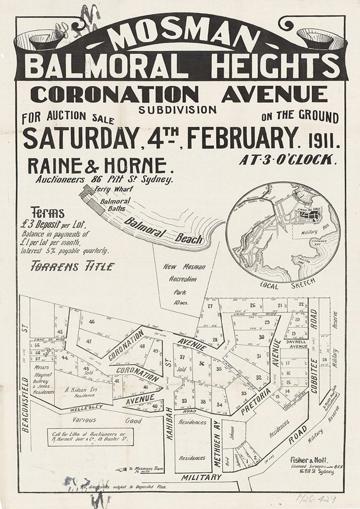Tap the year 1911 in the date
tap(324, 140)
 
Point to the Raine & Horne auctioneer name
tap(97, 166)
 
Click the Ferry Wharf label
tap(108, 189)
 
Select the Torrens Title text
tap(73, 266)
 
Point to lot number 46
tap(92, 322)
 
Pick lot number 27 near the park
tap(210, 306)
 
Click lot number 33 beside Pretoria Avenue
tap(244, 393)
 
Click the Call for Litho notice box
tap(90, 437)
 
